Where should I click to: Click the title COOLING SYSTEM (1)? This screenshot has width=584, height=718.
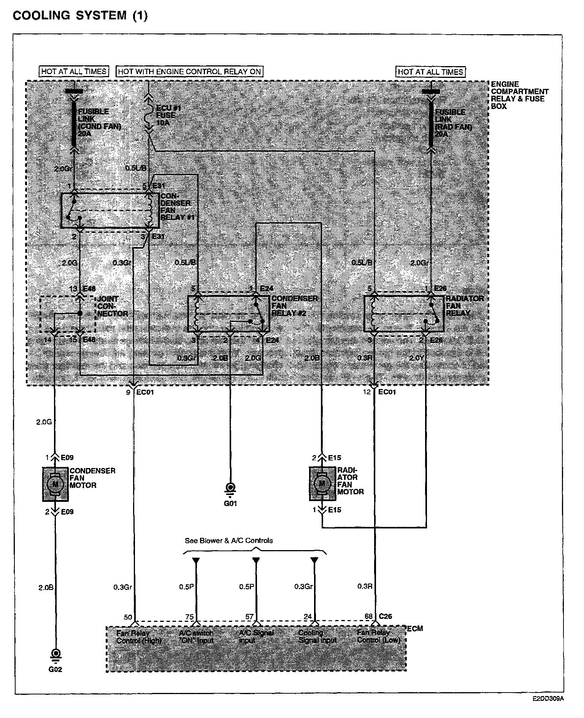tap(80, 16)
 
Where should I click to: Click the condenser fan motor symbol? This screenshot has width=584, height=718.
tap(56, 484)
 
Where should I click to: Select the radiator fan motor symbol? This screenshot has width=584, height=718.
tap(322, 484)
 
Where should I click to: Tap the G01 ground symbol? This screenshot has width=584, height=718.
tap(230, 488)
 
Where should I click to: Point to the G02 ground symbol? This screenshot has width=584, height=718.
tap(56, 655)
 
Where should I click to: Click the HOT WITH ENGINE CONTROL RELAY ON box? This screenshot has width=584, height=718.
tap(189, 71)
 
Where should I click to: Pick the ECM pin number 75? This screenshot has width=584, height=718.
tap(189, 617)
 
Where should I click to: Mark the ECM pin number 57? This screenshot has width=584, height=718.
tap(249, 617)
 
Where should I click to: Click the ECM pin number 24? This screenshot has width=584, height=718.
tap(308, 617)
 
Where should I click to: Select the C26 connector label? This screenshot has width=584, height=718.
tap(385, 616)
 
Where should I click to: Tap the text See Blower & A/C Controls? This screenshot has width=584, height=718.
tap(229, 541)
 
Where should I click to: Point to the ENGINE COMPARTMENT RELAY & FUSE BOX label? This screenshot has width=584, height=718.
tap(519, 95)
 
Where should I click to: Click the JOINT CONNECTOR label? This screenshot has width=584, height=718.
tap(113, 306)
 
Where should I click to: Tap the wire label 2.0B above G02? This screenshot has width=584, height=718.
tap(46, 587)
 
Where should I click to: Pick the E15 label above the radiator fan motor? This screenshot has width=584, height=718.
tap(335, 458)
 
